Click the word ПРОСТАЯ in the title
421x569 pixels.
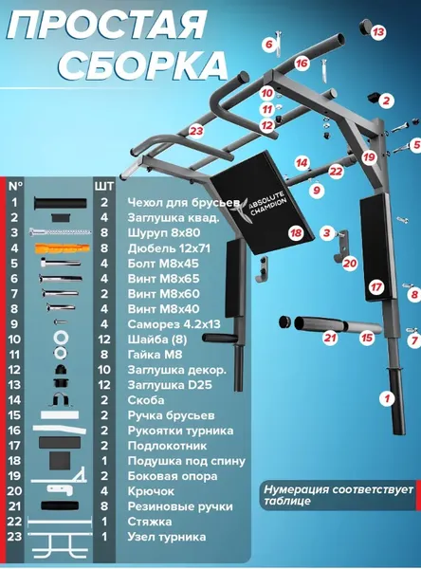107,25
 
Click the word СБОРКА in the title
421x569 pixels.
143,66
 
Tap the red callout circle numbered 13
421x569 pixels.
378,32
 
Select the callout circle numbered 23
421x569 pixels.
196,130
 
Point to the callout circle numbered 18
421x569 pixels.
296,232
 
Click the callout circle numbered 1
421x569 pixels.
387,398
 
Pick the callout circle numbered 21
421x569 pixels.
330,338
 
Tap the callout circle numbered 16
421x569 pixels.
302,64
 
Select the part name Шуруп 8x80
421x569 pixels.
164,232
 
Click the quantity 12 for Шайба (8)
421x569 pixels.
103,340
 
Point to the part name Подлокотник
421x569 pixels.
167,446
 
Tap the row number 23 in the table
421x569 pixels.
14,537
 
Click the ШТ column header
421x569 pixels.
104,187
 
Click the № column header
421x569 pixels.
15,186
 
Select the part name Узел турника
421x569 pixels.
167,537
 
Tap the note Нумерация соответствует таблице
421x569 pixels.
339,495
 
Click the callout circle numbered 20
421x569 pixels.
350,263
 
